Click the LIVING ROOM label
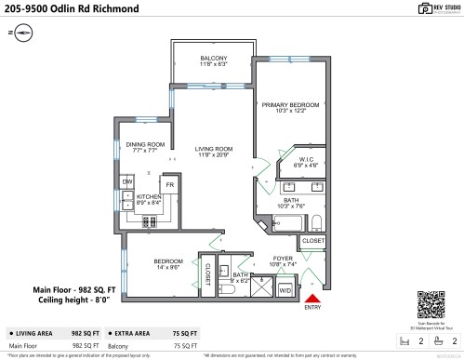tap(213, 151)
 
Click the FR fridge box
tap(170, 185)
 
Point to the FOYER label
tap(284, 260)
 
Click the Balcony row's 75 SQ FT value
tap(184, 345)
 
